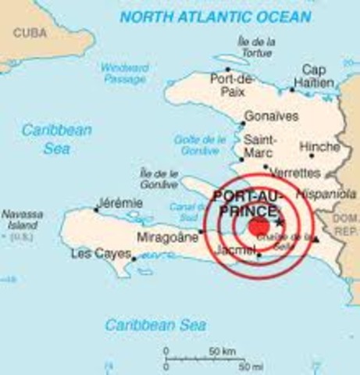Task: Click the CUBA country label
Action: pos(28,33)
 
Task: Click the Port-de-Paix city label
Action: pos(232,84)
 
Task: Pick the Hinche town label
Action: pos(319,147)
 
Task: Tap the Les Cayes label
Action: pos(100,254)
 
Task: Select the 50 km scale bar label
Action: pos(223,352)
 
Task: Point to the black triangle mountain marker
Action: pos(315,239)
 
